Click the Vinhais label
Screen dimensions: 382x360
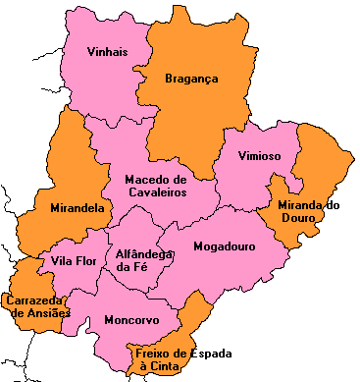point(107,52)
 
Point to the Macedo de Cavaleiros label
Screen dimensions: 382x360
point(155,186)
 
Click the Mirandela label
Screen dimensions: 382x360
point(77,208)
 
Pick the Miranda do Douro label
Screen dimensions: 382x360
point(308,211)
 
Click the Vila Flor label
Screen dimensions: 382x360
point(71,262)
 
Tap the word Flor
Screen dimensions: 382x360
point(82,262)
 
